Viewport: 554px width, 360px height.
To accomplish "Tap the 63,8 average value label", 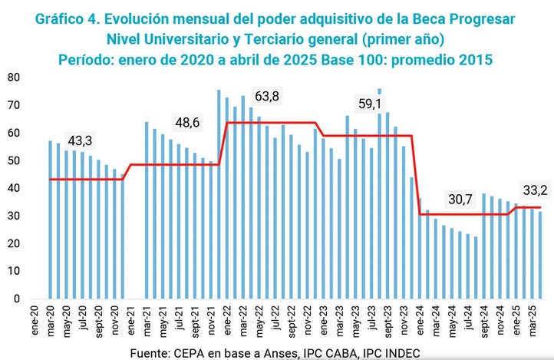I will coord(269,96).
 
